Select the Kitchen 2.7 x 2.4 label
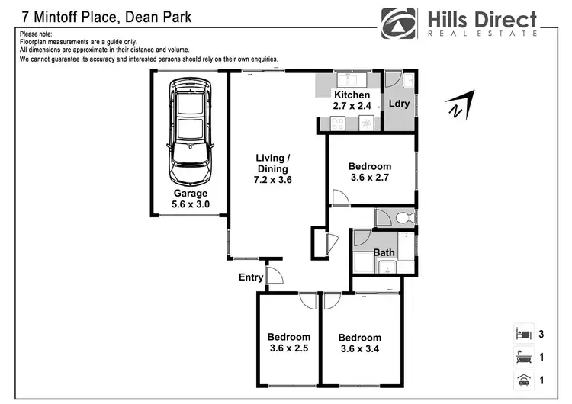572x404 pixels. click(x=352, y=101)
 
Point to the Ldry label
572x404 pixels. click(x=399, y=104)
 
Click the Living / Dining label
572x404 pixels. click(x=272, y=169)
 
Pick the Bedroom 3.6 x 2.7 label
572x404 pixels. click(x=369, y=172)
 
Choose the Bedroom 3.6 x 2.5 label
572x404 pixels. click(x=288, y=343)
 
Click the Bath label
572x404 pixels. click(x=384, y=252)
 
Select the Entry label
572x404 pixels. click(x=251, y=277)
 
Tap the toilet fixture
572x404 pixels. click(x=403, y=218)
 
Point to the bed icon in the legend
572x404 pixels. click(x=523, y=333)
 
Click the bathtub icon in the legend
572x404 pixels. click(x=523, y=356)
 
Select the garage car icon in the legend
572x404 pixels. click(x=523, y=380)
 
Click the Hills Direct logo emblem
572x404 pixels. click(x=400, y=23)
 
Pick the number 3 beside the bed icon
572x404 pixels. click(x=542, y=334)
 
